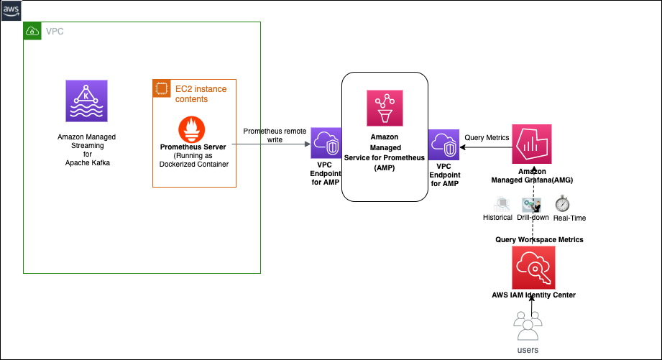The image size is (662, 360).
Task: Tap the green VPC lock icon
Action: [32, 31]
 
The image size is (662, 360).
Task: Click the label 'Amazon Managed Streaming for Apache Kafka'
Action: [86, 149]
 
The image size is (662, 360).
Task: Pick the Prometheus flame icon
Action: [193, 128]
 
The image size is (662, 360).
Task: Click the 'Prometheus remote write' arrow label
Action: [275, 136]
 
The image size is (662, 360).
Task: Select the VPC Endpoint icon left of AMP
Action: [325, 144]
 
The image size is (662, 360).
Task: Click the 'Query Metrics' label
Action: [487, 137]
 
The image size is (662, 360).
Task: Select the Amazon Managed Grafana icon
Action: [531, 144]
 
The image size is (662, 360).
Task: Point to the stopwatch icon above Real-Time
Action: [562, 203]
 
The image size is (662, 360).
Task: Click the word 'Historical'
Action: [497, 218]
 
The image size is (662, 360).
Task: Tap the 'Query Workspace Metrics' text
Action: [539, 239]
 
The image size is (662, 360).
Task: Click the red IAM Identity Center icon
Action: [532, 267]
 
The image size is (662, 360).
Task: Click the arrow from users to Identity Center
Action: [532, 307]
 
